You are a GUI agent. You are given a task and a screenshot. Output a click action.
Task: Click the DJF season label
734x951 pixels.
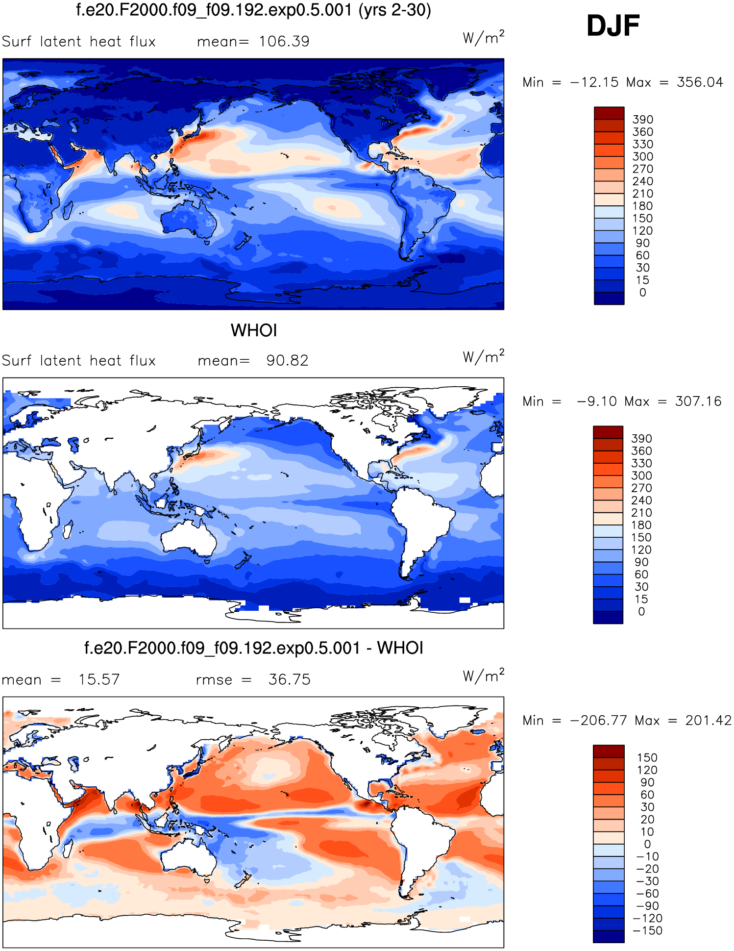pos(613,25)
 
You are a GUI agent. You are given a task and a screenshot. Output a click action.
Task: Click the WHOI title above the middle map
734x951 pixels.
pos(254,330)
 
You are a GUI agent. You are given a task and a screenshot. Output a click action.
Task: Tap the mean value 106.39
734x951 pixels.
pos(284,42)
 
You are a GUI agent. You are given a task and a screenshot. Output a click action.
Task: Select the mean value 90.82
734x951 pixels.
pos(287,361)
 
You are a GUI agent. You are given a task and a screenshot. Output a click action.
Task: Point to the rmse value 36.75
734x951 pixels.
pos(289,679)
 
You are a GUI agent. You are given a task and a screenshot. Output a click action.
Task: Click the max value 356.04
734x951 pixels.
pos(700,82)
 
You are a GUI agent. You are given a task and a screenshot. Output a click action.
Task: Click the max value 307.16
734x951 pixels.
pos(698,401)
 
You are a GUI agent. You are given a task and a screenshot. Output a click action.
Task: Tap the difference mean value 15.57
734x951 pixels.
pos(99,679)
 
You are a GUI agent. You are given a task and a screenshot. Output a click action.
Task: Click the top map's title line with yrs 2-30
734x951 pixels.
pos(253,10)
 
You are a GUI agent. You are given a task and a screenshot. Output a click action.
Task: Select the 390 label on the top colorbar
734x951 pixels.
pos(642,120)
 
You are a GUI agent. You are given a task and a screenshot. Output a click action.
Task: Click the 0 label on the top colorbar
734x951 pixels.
pos(642,293)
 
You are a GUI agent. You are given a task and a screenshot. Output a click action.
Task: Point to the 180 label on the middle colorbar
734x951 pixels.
pos(641,525)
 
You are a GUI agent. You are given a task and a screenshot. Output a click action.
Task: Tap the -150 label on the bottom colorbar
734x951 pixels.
pos(647,930)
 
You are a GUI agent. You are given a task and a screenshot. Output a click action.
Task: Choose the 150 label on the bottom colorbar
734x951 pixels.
pos(647,757)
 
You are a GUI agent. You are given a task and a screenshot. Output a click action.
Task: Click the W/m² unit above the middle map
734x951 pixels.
pos(483,356)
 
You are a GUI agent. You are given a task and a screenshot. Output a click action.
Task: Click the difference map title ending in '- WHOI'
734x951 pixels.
pos(253,648)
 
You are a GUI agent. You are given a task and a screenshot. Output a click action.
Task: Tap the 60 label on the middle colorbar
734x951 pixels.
pos(641,575)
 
